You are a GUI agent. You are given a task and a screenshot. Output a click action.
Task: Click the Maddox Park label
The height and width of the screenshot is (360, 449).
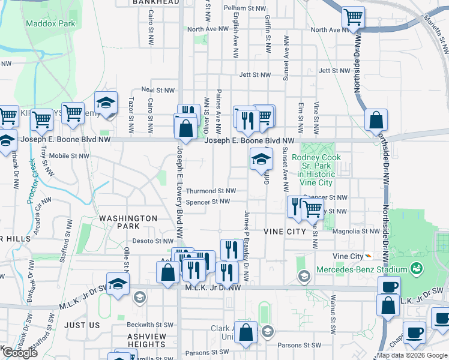[42, 24]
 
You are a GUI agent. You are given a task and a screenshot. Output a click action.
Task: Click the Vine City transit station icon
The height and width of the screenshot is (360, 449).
[368, 256]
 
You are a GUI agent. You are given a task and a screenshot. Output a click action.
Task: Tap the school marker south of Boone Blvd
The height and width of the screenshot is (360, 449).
[261, 159]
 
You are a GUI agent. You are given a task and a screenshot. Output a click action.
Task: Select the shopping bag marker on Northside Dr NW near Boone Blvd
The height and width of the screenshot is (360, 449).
[376, 119]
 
